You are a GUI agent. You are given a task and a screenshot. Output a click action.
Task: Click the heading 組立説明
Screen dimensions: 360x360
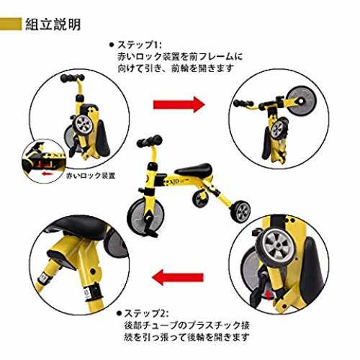pos(53,24)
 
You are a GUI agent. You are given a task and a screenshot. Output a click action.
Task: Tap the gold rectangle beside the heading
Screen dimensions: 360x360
pos(11,24)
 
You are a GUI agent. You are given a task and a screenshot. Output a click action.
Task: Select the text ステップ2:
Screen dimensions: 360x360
pos(146,313)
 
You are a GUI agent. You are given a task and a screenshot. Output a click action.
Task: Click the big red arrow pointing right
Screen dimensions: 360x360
pos(179,104)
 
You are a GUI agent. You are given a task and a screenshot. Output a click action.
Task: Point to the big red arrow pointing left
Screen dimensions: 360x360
pos(178,277)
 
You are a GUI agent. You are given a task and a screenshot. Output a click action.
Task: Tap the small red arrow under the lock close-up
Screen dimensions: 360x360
pos(48,173)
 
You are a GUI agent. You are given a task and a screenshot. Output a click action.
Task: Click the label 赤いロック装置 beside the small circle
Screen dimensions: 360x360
pos(91,176)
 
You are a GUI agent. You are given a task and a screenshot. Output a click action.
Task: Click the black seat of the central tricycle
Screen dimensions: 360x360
pos(194,169)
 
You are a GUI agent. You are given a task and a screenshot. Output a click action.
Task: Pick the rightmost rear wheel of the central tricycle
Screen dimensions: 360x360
pos(240,212)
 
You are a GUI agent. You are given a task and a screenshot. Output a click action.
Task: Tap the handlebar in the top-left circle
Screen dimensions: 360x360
pos(72,78)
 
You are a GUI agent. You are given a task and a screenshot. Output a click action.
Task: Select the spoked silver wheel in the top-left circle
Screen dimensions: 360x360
pos(84,125)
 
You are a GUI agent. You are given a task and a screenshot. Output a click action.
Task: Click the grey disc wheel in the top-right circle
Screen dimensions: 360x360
pos(301,101)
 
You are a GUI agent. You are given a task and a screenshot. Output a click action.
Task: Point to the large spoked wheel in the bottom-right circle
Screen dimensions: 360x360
pos(276,245)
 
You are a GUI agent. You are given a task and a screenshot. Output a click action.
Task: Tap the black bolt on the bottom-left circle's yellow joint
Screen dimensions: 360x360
pos(92,271)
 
